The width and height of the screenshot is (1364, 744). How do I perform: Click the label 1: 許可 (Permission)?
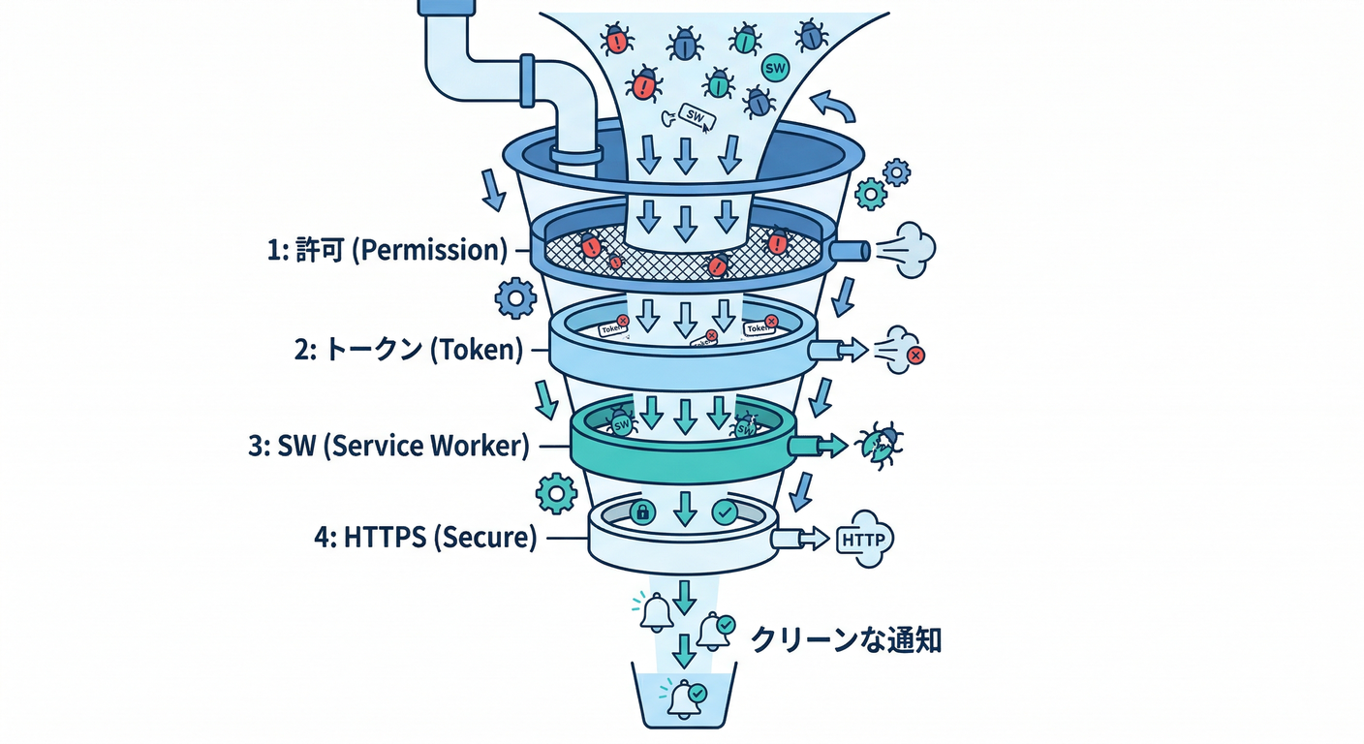coord(387,250)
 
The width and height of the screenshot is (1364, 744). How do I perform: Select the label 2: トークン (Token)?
coord(408,349)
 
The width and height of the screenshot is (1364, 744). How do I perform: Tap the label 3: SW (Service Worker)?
coord(388,447)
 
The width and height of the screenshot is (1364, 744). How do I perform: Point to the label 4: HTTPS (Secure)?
coord(425,538)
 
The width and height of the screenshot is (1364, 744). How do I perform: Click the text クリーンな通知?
coord(846,639)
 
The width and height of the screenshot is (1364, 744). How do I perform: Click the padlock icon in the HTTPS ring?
coord(640,512)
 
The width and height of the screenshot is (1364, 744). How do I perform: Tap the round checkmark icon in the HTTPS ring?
coord(724,512)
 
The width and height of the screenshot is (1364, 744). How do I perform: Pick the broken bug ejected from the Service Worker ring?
coord(879,445)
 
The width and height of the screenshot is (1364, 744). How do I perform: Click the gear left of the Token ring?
coord(514,297)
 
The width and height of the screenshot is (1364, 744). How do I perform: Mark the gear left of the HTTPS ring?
coord(556,493)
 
